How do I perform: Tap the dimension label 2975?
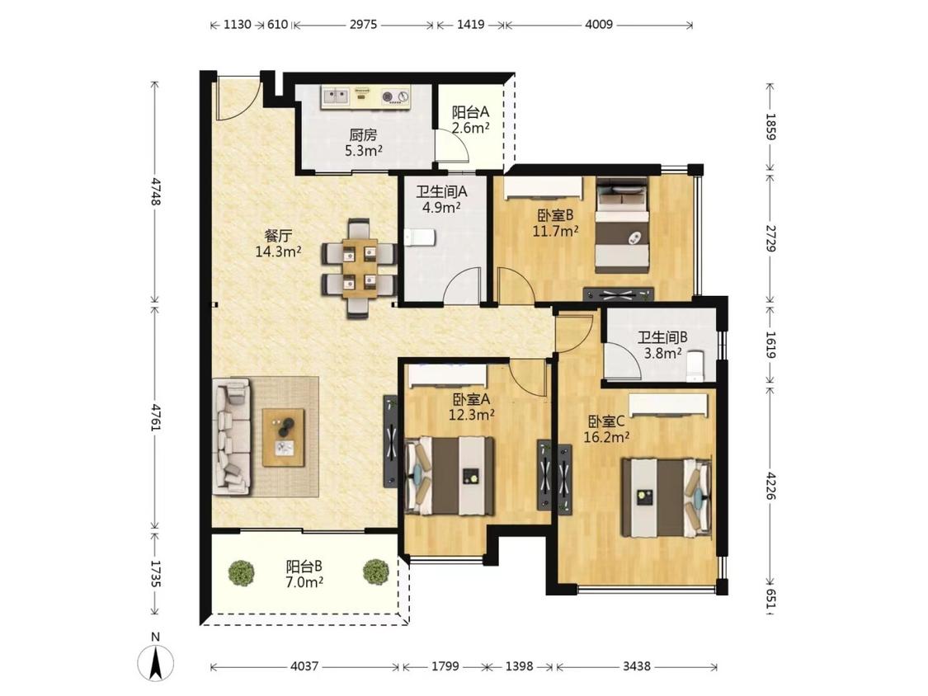(363, 24)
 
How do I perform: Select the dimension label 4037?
(304, 666)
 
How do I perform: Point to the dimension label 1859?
(770, 126)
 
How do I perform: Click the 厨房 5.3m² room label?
(364, 143)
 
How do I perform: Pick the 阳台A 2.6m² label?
(470, 120)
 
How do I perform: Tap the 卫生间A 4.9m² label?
(441, 200)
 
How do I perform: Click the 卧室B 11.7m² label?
(555, 223)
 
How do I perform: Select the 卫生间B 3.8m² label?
(662, 345)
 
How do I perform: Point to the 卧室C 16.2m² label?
(606, 429)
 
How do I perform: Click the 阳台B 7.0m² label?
(304, 574)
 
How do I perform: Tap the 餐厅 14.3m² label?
(278, 243)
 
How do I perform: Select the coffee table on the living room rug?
(284, 437)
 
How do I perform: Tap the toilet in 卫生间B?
(694, 366)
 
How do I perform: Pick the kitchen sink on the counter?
(337, 95)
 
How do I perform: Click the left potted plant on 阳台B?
(242, 572)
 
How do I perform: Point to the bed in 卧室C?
(665, 497)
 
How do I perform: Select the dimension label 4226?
(770, 486)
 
